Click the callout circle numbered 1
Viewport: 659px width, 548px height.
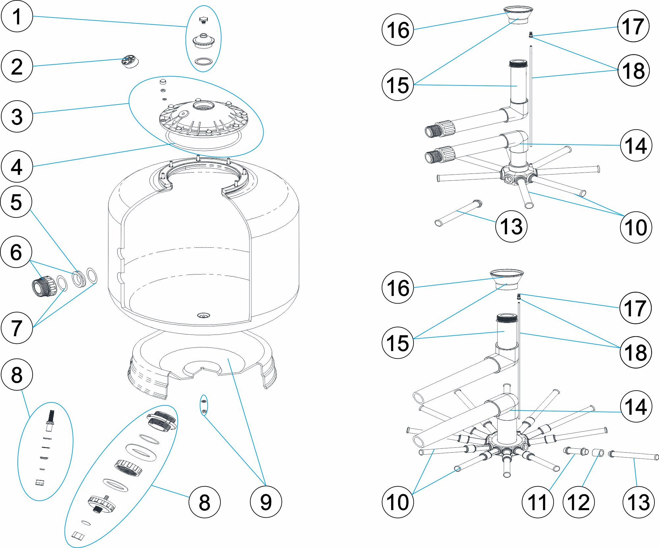point(17,16)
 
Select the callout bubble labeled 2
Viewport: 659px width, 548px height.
point(17,66)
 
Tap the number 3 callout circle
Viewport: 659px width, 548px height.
point(17,116)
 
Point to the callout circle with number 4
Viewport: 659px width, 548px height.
point(17,167)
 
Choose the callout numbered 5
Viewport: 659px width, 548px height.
point(16,202)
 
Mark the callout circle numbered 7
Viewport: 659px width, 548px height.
point(17,328)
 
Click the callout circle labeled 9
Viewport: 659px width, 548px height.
point(266,502)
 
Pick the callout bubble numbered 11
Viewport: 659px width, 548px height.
point(538,502)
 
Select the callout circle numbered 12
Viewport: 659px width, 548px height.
point(579,502)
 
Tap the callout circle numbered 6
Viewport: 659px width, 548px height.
point(16,252)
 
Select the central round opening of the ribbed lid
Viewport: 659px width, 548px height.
point(203,106)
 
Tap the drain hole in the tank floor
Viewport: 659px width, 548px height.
point(203,316)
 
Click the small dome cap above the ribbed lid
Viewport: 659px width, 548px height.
point(163,81)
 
